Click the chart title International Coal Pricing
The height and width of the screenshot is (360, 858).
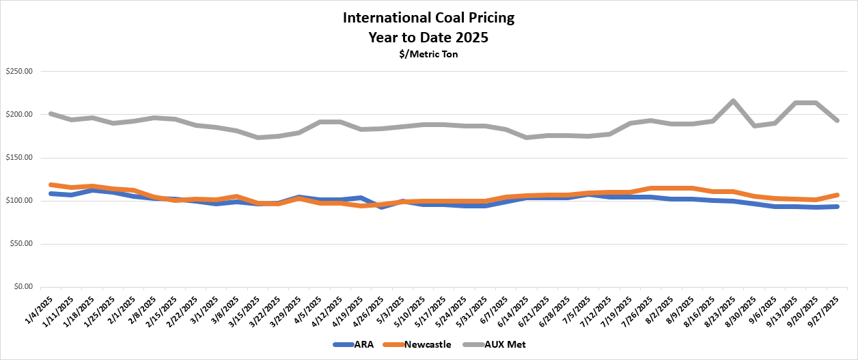tap(428, 18)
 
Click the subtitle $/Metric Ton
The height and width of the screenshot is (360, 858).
tap(428, 55)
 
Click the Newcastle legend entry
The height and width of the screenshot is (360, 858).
tap(421, 345)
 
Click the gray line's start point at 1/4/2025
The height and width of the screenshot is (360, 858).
tap(51, 114)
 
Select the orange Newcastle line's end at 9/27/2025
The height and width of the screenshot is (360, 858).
tap(836, 195)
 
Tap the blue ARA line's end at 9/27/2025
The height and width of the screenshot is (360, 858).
tap(836, 206)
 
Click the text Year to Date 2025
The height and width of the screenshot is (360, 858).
tap(428, 37)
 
